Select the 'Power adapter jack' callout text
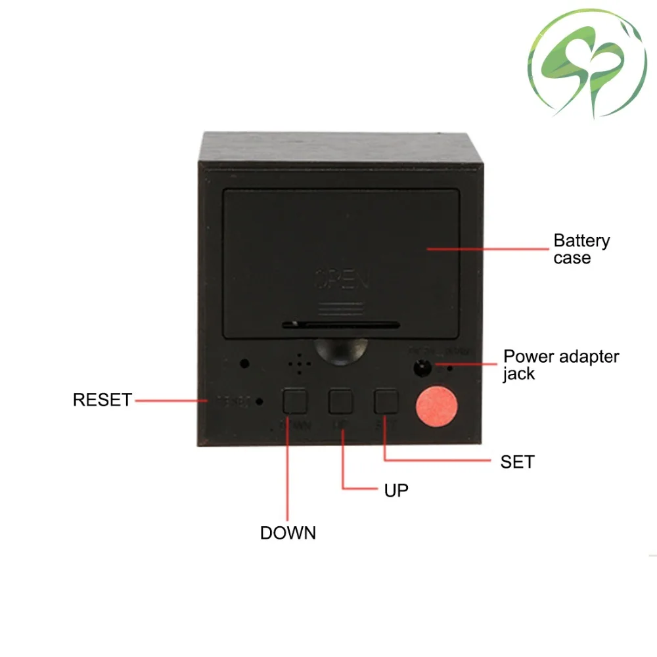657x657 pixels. click(x=560, y=365)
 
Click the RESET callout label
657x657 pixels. click(x=102, y=399)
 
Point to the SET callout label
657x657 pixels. click(x=517, y=462)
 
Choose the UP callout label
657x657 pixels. click(x=396, y=490)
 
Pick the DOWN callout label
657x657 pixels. click(x=288, y=533)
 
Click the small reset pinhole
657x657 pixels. click(x=260, y=401)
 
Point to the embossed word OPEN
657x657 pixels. click(x=342, y=281)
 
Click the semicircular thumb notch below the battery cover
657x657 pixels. click(x=341, y=350)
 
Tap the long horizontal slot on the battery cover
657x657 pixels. click(x=341, y=325)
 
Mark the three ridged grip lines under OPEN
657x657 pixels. click(x=341, y=308)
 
